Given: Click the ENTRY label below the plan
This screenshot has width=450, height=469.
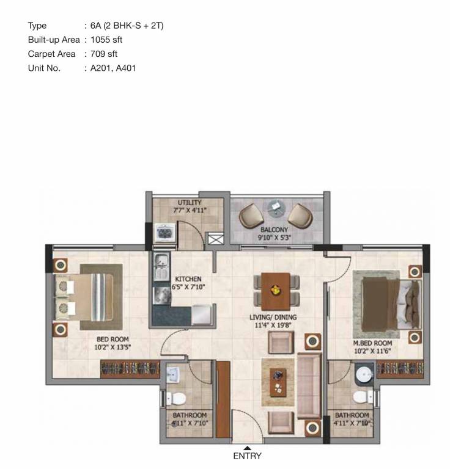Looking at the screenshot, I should [247, 456].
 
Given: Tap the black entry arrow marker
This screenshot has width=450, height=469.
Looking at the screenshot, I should [247, 448].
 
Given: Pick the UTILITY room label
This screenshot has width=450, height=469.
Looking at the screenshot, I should [190, 203].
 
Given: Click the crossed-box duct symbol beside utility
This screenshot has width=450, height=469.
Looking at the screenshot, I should [216, 239].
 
